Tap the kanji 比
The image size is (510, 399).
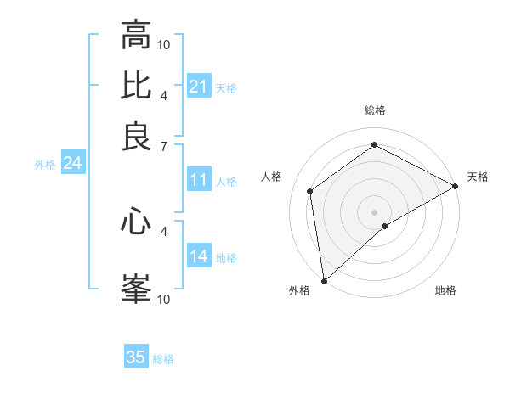pyautogui.click(x=136, y=86)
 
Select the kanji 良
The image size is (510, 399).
pyautogui.click(x=136, y=137)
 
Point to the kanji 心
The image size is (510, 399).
pyautogui.click(x=136, y=222)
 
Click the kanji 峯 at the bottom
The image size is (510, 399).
pyautogui.click(x=136, y=288)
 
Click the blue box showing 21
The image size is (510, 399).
pyautogui.click(x=199, y=87)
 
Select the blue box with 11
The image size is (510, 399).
pyautogui.click(x=199, y=180)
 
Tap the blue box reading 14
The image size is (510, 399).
pyautogui.click(x=199, y=256)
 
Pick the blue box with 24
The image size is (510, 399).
pyautogui.click(x=73, y=163)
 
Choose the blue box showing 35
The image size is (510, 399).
pyautogui.click(x=136, y=357)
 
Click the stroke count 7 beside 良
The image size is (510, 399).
pyautogui.click(x=164, y=147)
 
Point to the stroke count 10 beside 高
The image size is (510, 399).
pyautogui.click(x=164, y=44)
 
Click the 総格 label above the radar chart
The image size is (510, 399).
pyautogui.click(x=374, y=110)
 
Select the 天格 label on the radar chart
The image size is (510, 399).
pyautogui.click(x=478, y=177)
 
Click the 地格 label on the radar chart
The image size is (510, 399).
pyautogui.click(x=445, y=291)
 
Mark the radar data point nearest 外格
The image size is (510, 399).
pyautogui.click(x=324, y=280)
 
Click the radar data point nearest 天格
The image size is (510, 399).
pyautogui.click(x=456, y=186)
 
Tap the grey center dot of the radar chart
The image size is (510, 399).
pyautogui.click(x=374, y=212)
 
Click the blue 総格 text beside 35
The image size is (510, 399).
pyautogui.click(x=163, y=359)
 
